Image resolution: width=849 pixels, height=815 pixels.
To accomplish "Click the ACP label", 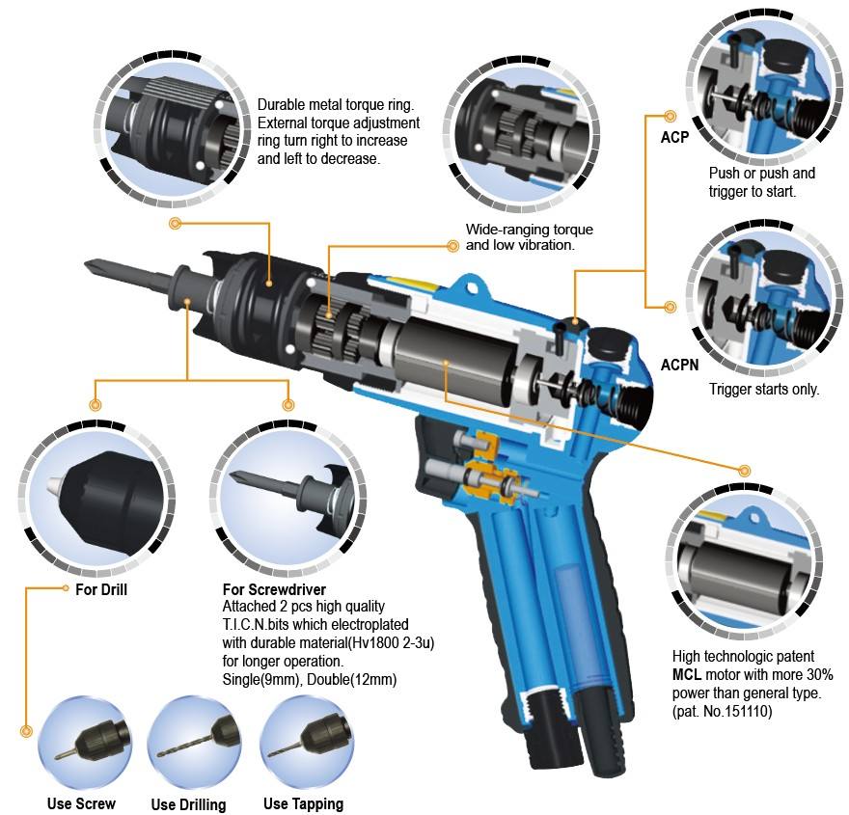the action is click(674, 137).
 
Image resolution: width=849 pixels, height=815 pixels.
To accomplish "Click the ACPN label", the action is click(680, 366).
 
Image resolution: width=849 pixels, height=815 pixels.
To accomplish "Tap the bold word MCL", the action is click(692, 672).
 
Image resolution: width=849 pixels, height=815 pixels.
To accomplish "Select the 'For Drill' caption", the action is click(101, 589).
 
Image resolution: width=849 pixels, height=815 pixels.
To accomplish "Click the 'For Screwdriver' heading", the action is click(274, 589).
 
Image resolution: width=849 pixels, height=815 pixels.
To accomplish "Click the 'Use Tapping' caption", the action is click(303, 803).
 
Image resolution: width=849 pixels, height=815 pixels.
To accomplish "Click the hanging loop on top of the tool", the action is click(472, 285).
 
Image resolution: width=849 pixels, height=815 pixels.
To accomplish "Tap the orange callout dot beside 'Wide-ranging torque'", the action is click(452, 246).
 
